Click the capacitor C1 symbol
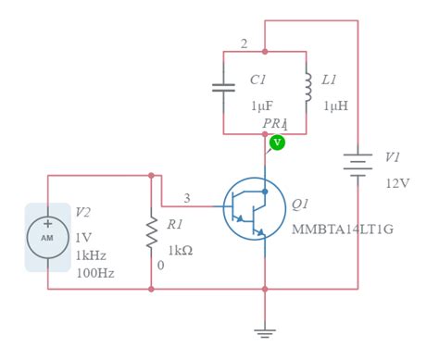tap(223, 89)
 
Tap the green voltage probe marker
tap(277, 143)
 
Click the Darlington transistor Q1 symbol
tap(253, 208)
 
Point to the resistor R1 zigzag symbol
tap(151, 234)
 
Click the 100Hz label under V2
tap(95, 274)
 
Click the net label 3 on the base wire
tap(187, 197)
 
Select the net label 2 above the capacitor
tap(244, 43)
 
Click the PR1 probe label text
tap(275, 123)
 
